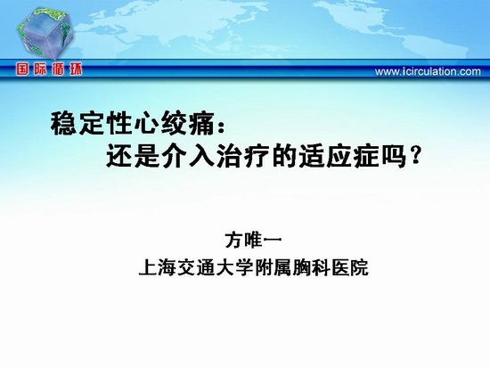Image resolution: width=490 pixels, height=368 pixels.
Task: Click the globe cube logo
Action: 45,34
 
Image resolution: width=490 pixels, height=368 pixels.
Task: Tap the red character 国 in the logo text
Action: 22,70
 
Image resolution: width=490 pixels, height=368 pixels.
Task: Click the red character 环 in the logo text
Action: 76,70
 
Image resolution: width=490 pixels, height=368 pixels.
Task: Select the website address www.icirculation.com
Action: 428,71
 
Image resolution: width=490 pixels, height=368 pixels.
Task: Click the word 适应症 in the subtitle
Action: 339,155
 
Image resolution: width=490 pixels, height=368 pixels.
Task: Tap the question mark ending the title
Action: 413,155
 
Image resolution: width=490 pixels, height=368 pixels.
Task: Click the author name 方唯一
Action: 253,240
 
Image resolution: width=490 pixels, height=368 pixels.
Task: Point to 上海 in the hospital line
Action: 158,267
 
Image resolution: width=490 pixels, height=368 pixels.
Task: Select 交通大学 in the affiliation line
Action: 216,267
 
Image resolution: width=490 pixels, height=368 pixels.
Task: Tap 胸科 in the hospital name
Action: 311,267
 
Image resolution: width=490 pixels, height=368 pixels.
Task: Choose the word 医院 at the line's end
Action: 350,267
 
